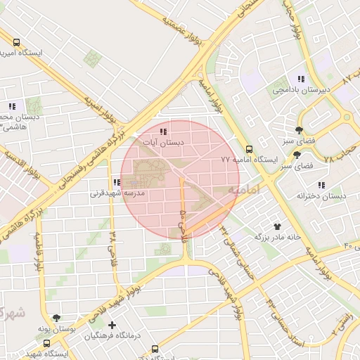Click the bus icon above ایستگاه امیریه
click(x=17, y=41)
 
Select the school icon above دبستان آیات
click(x=163, y=131)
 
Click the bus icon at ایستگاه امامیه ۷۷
click(x=249, y=149)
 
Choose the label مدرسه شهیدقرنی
click(x=117, y=193)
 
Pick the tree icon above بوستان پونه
click(x=56, y=318)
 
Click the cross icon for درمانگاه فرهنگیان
click(x=113, y=325)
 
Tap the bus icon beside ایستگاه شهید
click(x=46, y=344)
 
